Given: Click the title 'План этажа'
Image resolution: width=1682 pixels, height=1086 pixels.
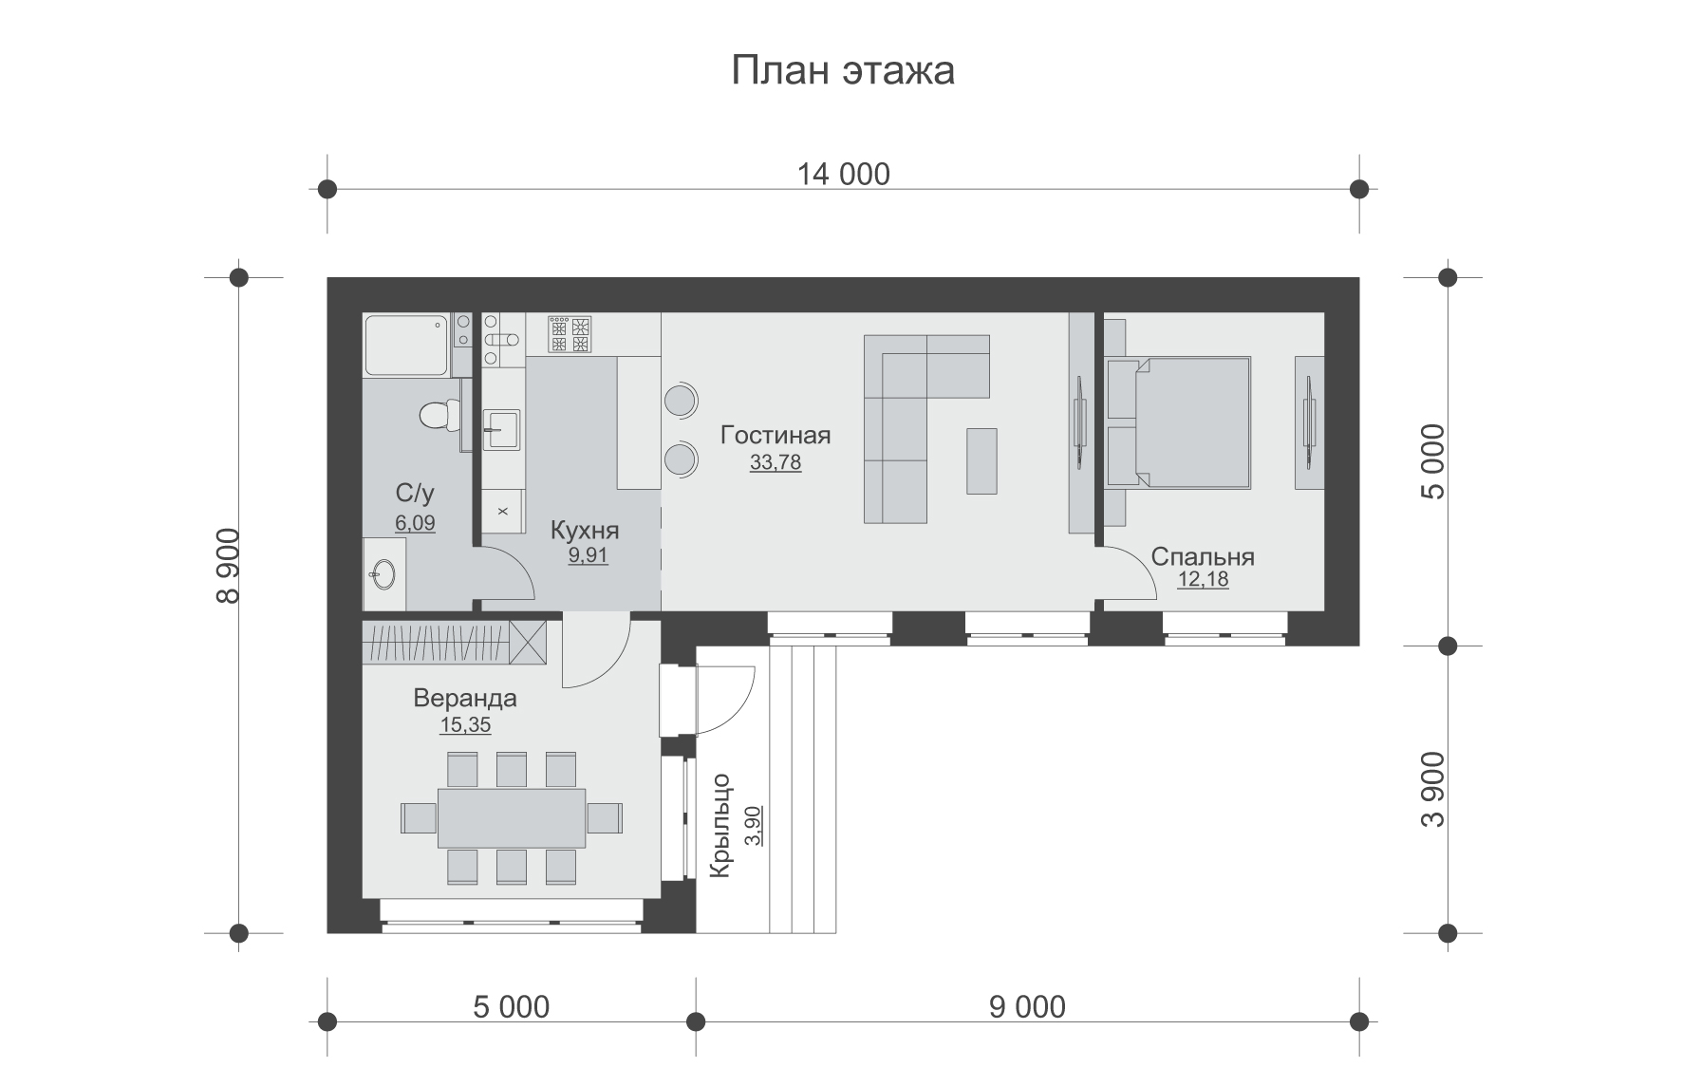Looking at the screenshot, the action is tap(842, 71).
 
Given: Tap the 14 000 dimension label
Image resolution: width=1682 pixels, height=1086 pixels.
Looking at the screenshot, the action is tap(843, 175).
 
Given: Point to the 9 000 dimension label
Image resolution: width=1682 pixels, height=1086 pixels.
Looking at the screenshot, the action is tap(1027, 1007).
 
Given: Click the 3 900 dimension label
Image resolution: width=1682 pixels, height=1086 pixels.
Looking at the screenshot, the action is tap(1433, 790).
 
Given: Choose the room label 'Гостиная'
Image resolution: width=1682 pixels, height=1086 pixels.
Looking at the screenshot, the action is tap(776, 436).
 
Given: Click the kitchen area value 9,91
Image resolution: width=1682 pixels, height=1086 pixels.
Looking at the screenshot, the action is tap(588, 556).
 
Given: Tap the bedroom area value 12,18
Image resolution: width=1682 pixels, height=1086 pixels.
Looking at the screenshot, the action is tap(1203, 579).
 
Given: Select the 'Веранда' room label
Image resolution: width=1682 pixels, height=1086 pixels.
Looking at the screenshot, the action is tap(465, 699).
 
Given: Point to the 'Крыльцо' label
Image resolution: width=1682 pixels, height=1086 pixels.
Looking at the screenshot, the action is tap(720, 826).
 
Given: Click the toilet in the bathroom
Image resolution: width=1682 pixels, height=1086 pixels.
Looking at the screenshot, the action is tap(438, 414).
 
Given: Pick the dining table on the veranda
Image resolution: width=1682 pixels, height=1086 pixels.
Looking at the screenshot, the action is tap(512, 817).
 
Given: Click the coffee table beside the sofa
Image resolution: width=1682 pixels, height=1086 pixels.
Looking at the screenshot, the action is tap(982, 460).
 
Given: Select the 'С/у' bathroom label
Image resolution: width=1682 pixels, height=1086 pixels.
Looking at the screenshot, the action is tap(415, 493).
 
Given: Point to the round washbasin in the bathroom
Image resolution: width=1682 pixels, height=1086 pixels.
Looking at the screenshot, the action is tap(383, 573).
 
